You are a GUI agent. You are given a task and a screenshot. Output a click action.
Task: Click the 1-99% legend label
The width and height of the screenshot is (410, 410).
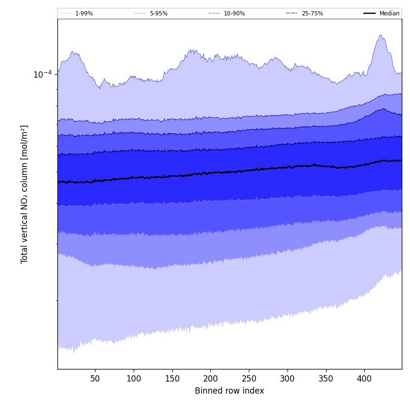coord(84,14)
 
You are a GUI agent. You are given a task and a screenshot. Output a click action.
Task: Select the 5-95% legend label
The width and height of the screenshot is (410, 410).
coord(159,14)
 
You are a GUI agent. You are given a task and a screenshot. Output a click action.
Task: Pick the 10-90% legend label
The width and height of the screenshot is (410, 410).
coord(234,14)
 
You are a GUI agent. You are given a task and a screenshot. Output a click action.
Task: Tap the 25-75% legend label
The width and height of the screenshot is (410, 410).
coord(312,14)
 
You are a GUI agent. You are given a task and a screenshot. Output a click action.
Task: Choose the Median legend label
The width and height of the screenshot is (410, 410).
coord(389,14)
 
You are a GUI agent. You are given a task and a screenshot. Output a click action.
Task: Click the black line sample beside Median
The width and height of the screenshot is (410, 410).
coord(370,14)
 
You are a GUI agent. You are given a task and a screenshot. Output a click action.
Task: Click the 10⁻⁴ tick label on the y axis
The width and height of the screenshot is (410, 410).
coord(42,75)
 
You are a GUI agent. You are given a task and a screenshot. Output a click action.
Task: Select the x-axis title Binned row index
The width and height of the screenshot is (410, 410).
coord(230,391)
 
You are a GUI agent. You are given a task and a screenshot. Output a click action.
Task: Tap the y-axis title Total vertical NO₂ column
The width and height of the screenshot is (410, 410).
coord(25,194)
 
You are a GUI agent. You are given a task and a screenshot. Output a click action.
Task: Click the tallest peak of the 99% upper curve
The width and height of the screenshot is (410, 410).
coord(381,35)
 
